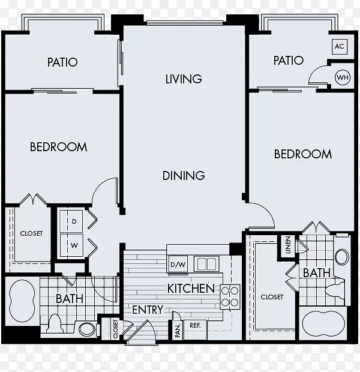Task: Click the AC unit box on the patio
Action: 340,46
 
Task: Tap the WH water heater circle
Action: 343,77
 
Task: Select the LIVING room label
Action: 184,79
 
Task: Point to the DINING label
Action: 184,176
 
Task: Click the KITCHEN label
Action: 191,289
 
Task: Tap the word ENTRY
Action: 148,310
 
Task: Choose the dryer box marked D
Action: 71,221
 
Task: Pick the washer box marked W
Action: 71,245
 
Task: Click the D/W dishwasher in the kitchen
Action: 178,265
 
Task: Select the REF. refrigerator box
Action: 196,329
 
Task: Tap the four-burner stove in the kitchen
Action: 230,297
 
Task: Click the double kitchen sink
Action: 206,264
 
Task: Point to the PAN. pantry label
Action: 178,331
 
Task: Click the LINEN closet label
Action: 288,245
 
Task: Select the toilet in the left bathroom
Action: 55,323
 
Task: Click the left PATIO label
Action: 62,62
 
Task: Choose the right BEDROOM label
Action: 303,154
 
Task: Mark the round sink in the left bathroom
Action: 86,329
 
